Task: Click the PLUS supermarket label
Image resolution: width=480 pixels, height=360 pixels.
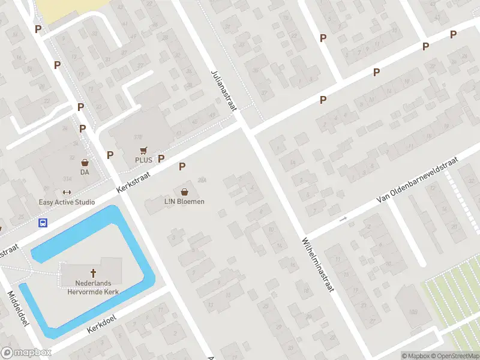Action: pyautogui.click(x=143, y=160)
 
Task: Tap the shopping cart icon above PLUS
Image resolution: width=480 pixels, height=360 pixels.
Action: pyautogui.click(x=143, y=150)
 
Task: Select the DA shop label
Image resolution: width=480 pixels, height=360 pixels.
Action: pyautogui.click(x=85, y=172)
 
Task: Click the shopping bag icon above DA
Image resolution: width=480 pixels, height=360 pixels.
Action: pyautogui.click(x=85, y=163)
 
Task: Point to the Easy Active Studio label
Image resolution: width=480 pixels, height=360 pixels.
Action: pyautogui.click(x=67, y=202)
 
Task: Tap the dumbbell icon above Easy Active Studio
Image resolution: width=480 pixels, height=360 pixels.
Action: pyautogui.click(x=67, y=193)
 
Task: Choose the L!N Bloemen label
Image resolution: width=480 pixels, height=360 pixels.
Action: pyautogui.click(x=184, y=202)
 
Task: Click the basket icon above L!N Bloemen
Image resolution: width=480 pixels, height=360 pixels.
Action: pyautogui.click(x=184, y=192)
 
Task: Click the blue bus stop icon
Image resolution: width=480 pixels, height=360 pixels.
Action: pyautogui.click(x=43, y=223)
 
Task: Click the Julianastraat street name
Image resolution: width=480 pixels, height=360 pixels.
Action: pyautogui.click(x=224, y=90)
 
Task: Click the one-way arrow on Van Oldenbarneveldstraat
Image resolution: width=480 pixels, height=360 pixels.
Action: pyautogui.click(x=343, y=219)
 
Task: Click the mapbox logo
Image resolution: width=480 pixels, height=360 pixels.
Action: pyautogui.click(x=27, y=353)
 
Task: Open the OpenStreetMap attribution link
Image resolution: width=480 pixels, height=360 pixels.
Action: pyautogui.click(x=454, y=356)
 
